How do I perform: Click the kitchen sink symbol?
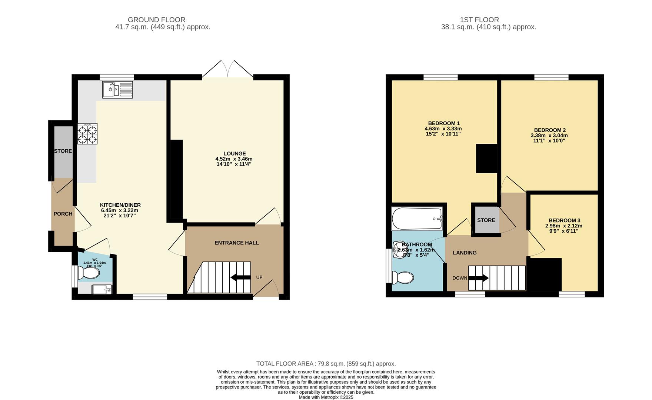coord(117,90)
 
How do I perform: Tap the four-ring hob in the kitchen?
coord(87,134)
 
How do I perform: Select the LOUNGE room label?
coord(234,153)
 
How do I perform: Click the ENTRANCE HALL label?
coord(237,243)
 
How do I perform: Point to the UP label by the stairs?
coord(259,277)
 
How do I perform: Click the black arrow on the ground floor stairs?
coord(240,277)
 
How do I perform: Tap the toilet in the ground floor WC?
coord(90,273)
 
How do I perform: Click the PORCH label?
coord(63,214)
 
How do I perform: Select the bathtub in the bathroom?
coord(417,219)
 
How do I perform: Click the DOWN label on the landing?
coord(460,278)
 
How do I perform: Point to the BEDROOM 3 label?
coord(565,220)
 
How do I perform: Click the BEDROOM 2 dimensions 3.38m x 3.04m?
coord(549,136)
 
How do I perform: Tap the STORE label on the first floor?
coord(486,220)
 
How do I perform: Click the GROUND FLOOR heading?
coord(156,20)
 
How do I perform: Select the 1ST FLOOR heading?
coord(479,20)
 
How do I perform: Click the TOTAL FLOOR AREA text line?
coord(326,364)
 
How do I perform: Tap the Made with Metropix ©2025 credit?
coord(326,397)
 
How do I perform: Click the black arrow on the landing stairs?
coord(480,278)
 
